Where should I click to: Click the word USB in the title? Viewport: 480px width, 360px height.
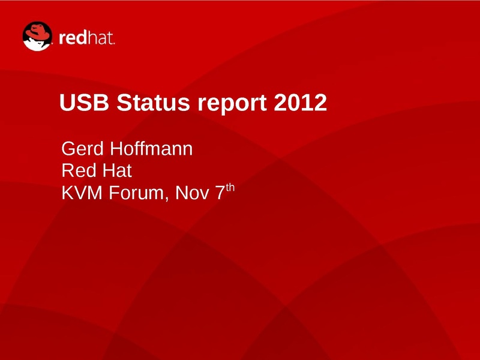84,102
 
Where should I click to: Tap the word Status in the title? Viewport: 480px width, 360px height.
154,102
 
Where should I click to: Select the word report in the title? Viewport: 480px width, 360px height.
232,104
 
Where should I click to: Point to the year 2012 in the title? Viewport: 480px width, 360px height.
301,102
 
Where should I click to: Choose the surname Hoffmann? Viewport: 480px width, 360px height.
151,148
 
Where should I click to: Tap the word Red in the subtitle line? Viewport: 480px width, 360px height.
79,170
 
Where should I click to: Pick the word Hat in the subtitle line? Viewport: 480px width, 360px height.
117,170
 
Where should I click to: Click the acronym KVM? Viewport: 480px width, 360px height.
82,193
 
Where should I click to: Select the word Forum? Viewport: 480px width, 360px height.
137,193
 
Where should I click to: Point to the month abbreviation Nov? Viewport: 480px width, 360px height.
192,193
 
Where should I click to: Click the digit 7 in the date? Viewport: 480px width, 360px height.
220,193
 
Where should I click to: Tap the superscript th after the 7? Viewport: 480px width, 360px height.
230,187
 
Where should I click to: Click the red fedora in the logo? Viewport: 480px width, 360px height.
38,31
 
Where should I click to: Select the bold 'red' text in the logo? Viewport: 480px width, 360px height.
72,38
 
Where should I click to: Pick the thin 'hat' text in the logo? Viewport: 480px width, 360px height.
100,38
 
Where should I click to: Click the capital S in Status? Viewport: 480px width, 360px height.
124,102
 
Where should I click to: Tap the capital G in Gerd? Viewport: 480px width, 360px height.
68,149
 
